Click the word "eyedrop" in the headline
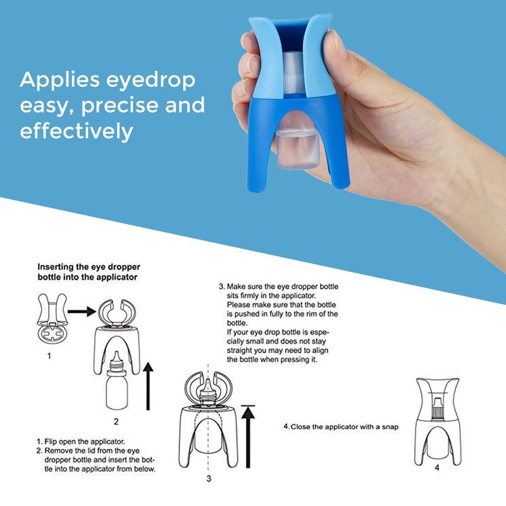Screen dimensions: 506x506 (151, 80)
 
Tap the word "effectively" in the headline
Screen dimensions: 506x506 (77, 130)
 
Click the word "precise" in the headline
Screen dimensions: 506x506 (120, 105)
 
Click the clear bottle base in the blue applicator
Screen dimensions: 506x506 (297, 149)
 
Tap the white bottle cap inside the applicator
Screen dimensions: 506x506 (294, 73)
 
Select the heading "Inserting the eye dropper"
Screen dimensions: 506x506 (89, 267)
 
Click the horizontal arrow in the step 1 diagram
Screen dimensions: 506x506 (82, 311)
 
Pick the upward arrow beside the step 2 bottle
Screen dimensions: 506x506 (148, 386)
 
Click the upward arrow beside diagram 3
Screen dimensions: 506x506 (248, 436)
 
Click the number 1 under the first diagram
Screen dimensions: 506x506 (49, 356)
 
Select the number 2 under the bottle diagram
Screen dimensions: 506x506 (116, 421)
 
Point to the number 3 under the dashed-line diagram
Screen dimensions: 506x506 (209, 479)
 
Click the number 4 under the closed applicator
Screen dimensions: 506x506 (437, 467)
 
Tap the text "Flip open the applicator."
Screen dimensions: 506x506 (85, 441)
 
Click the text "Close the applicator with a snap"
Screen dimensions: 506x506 (345, 427)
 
